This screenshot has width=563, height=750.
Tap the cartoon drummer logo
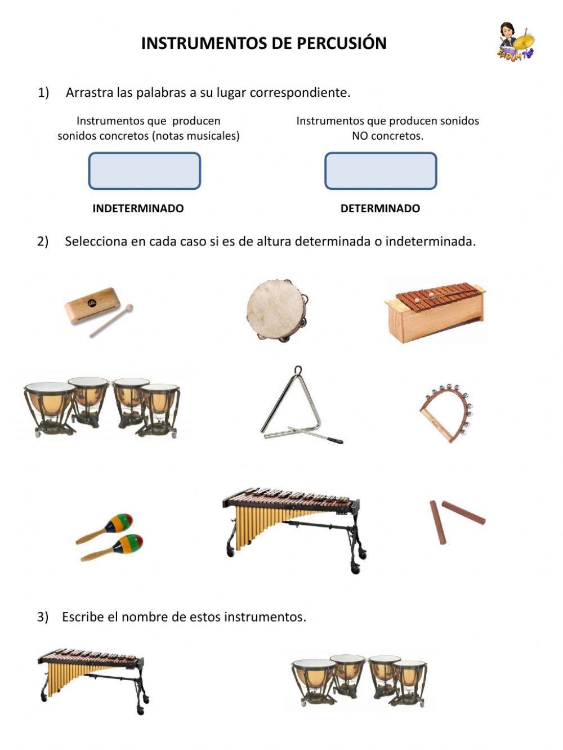515,42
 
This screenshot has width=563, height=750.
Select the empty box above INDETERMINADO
145,171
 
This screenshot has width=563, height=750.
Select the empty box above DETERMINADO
381,171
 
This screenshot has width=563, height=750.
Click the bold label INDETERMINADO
138,208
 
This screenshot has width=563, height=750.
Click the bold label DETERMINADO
380,208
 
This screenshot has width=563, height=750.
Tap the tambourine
277,310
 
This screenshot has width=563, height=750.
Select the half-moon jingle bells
446,412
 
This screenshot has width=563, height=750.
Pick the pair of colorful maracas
110,537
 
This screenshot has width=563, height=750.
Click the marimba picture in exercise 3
92,679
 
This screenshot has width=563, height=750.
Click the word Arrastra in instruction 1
90,92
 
